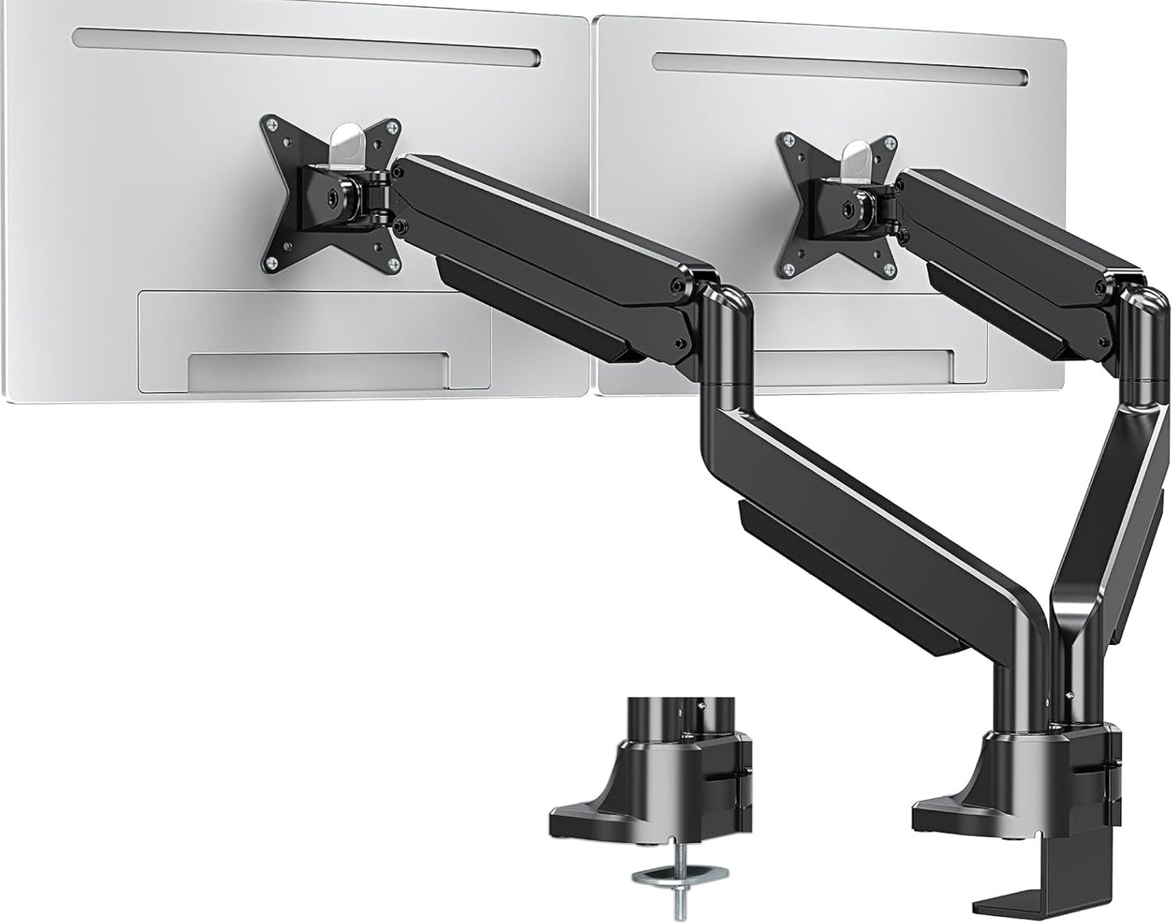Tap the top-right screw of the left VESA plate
point(394,127)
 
